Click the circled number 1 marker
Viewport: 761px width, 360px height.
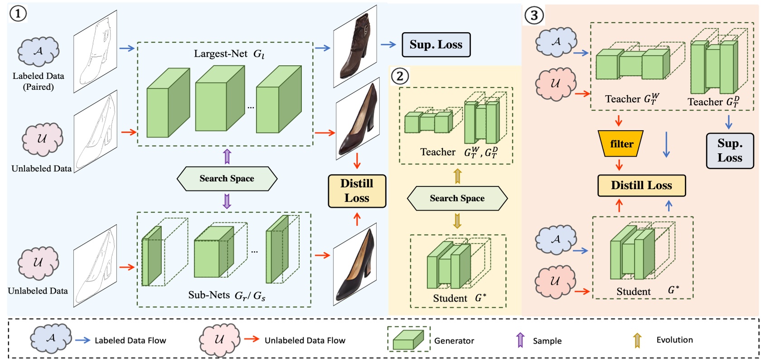[x=18, y=14]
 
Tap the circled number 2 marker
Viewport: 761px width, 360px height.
[x=400, y=76]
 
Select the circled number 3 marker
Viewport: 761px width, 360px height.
[x=534, y=15]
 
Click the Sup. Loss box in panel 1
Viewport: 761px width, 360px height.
[x=436, y=44]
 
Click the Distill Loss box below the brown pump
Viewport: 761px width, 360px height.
[x=357, y=191]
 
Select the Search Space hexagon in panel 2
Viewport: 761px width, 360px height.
[x=457, y=198]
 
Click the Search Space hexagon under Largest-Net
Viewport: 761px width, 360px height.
[x=227, y=179]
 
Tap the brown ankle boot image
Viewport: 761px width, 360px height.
[x=355, y=47]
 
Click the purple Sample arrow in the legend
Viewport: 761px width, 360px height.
[x=520, y=340]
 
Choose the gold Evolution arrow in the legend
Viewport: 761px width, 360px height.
[x=637, y=340]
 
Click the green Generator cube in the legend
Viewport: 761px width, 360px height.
[x=408, y=340]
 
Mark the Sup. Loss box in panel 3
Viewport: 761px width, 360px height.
[x=730, y=151]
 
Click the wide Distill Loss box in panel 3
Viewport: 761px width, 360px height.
[x=641, y=185]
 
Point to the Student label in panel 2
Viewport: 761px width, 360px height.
[x=450, y=298]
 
